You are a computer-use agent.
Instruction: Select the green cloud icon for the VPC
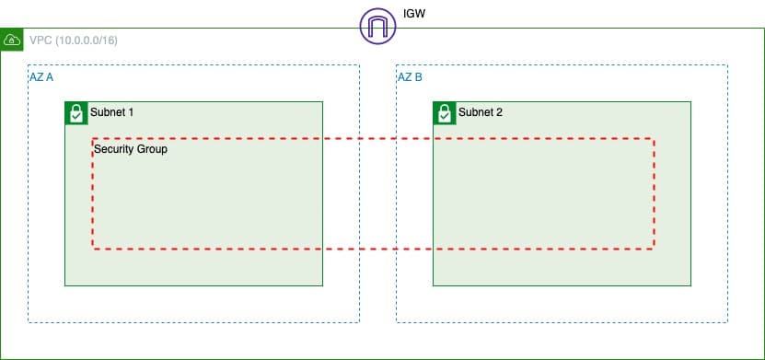[13, 41]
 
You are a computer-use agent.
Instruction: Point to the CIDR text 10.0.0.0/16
[87, 41]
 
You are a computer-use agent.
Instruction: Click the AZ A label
[41, 77]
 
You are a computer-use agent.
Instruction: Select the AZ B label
[411, 77]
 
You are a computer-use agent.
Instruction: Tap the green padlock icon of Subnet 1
[75, 113]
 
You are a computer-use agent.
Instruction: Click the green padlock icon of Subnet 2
[444, 113]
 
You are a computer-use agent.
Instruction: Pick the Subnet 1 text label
[111, 112]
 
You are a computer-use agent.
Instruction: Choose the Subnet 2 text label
[480, 112]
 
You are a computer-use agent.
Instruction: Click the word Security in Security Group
[114, 148]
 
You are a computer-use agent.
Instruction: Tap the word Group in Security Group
[152, 148]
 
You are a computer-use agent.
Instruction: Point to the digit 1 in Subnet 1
[131, 112]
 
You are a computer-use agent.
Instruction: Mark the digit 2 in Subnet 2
[499, 112]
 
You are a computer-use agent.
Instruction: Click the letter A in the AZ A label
[50, 77]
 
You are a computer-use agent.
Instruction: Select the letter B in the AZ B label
[419, 77]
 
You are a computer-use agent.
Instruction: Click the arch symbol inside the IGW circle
[377, 25]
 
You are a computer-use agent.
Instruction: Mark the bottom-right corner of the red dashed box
[654, 249]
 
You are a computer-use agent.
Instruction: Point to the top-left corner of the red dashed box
[93, 139]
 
